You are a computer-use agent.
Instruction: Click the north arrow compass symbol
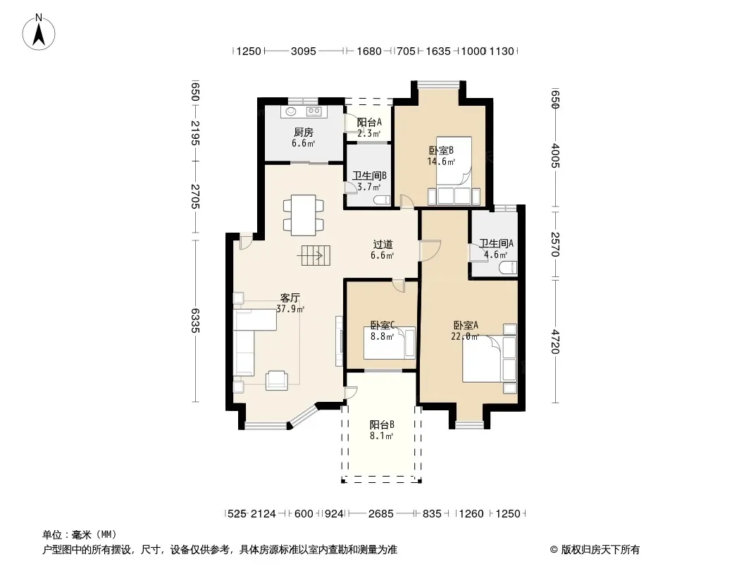coord(39,32)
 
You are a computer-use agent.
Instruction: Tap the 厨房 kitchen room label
coord(304,133)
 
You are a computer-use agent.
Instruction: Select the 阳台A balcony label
coord(369,123)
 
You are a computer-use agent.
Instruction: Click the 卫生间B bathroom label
coord(369,176)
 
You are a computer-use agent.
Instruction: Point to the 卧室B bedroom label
coord(441,150)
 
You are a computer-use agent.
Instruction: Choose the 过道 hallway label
coord(383,245)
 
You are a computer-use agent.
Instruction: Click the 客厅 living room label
coord(290,298)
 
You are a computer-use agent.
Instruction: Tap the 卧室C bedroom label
coord(383,326)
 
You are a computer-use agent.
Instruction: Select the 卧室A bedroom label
coord(466,326)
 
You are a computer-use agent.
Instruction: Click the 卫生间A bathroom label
coord(496,243)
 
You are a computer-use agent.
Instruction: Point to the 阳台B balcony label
coord(382,424)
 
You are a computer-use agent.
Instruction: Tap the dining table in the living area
coord(304,215)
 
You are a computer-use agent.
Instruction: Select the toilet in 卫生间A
coord(508,267)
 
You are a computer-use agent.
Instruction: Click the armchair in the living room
coord(277,380)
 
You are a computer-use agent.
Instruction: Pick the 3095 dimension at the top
coord(304,51)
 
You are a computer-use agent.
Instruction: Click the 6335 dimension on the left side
coord(195,321)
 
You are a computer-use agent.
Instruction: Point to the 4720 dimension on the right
coord(554,341)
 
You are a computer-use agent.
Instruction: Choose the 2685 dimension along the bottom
coord(380,514)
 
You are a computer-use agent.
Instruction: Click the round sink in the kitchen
coord(291,112)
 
